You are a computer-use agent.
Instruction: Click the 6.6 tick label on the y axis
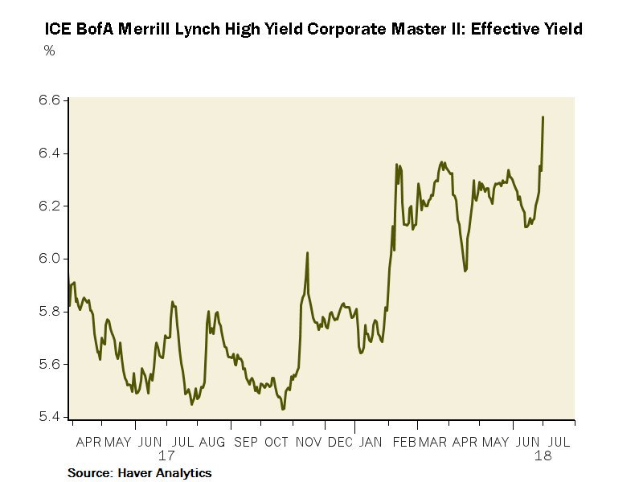(x=50, y=100)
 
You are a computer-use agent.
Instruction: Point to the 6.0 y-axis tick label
(x=50, y=259)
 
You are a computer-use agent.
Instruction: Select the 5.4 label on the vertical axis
(x=50, y=417)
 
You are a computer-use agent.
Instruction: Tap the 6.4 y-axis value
(x=50, y=153)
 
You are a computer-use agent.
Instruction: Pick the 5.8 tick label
(x=50, y=312)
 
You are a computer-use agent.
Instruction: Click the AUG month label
(x=212, y=441)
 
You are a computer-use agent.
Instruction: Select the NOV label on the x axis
(x=309, y=441)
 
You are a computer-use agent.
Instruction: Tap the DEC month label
(x=340, y=441)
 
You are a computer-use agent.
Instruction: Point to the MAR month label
(x=432, y=441)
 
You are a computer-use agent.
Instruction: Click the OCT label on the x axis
(x=276, y=441)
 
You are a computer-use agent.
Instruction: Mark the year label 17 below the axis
(x=166, y=455)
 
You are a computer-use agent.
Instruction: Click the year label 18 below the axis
(x=543, y=455)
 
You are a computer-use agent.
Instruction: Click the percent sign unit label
(x=49, y=50)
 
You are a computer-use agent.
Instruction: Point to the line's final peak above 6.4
(x=543, y=117)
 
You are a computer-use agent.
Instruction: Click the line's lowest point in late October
(x=283, y=409)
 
